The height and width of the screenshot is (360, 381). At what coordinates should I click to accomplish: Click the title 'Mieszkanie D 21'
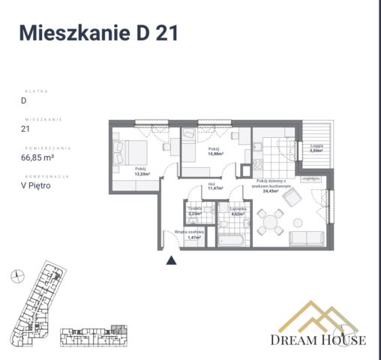97,33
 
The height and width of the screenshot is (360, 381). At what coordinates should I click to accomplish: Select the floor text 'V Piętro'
35,186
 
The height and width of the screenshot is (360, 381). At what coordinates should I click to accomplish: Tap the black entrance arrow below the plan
171,260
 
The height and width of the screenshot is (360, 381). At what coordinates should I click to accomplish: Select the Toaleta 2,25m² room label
194,211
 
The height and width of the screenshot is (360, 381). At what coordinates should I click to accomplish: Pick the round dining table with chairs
270,219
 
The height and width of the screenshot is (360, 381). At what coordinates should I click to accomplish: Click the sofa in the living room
307,239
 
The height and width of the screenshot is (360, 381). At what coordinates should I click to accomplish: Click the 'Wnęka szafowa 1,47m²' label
189,235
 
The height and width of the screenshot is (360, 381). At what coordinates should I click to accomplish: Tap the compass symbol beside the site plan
16,277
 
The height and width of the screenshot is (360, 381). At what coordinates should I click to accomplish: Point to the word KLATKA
36,90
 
